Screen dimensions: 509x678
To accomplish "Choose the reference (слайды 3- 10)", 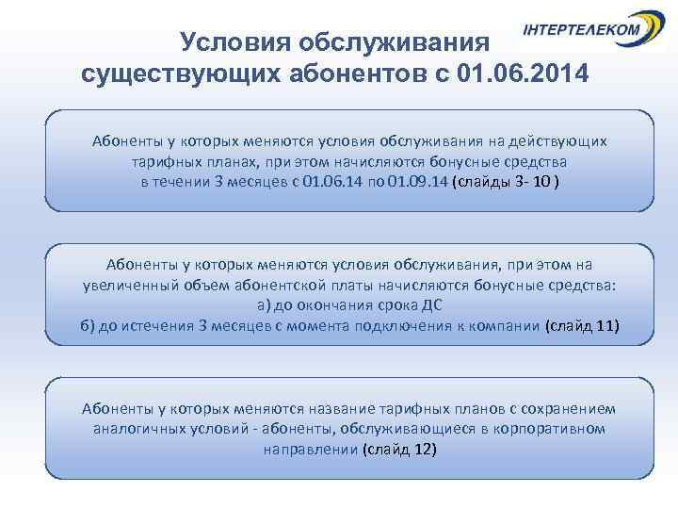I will pos(507,182).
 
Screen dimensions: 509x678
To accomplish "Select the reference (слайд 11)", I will pos(582,326).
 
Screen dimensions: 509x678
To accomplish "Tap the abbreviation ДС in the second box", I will pos(428,305).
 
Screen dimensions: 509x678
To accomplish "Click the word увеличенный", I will pos(138,285).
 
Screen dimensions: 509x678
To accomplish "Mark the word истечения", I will pos(156,326).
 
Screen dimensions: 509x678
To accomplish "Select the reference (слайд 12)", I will pos(399,450).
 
